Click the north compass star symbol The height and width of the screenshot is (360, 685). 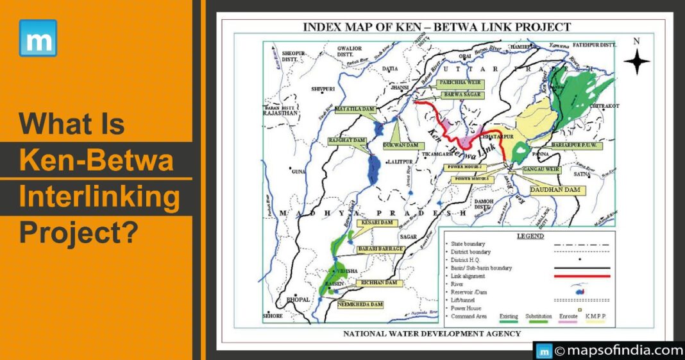click(637, 62)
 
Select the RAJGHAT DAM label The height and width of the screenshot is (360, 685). click(348, 140)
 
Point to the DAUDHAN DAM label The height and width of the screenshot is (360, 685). click(549, 191)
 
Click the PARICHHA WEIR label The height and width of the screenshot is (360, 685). click(459, 83)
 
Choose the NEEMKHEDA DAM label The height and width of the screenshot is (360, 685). click(361, 304)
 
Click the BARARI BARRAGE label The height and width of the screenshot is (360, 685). click(381, 249)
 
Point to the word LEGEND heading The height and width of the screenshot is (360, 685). click(530, 236)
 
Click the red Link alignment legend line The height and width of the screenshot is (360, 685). click(583, 276)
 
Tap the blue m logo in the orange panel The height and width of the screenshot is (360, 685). click(38, 38)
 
